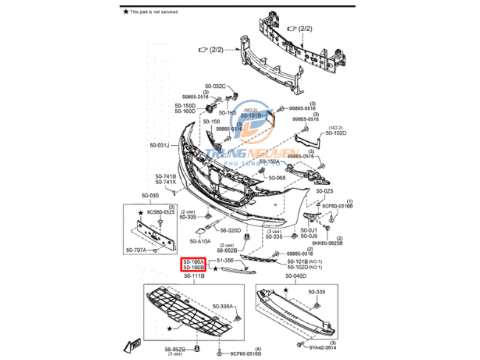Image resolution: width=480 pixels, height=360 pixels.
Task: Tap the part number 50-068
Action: (276, 177)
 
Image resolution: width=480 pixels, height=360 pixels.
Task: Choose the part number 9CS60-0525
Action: (160, 212)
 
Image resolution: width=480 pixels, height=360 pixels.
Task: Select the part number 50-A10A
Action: (200, 241)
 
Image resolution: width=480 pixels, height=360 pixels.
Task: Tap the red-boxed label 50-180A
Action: (193, 261)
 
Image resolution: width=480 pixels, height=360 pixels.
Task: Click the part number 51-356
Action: (224, 261)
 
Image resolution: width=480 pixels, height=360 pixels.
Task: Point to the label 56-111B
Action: (193, 276)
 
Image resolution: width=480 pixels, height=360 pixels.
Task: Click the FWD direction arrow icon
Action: (135, 345)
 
